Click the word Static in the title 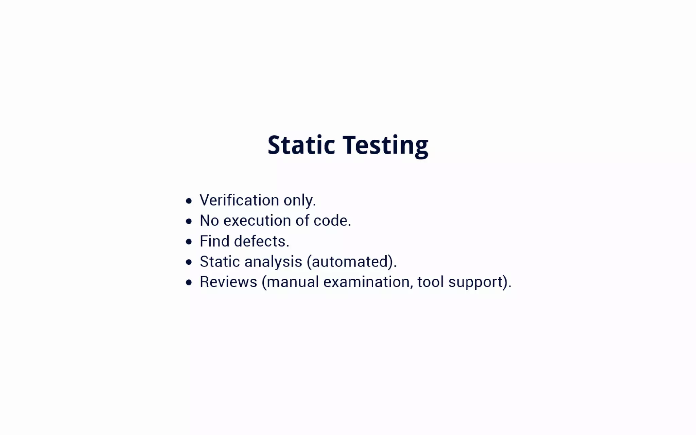[301, 145]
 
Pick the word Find [214, 241]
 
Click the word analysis [273, 262]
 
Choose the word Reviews [228, 282]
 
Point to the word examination [366, 282]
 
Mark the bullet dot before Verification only [189, 201]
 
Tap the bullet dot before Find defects [189, 242]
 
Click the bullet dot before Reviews [189, 283]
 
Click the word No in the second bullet [209, 221]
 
